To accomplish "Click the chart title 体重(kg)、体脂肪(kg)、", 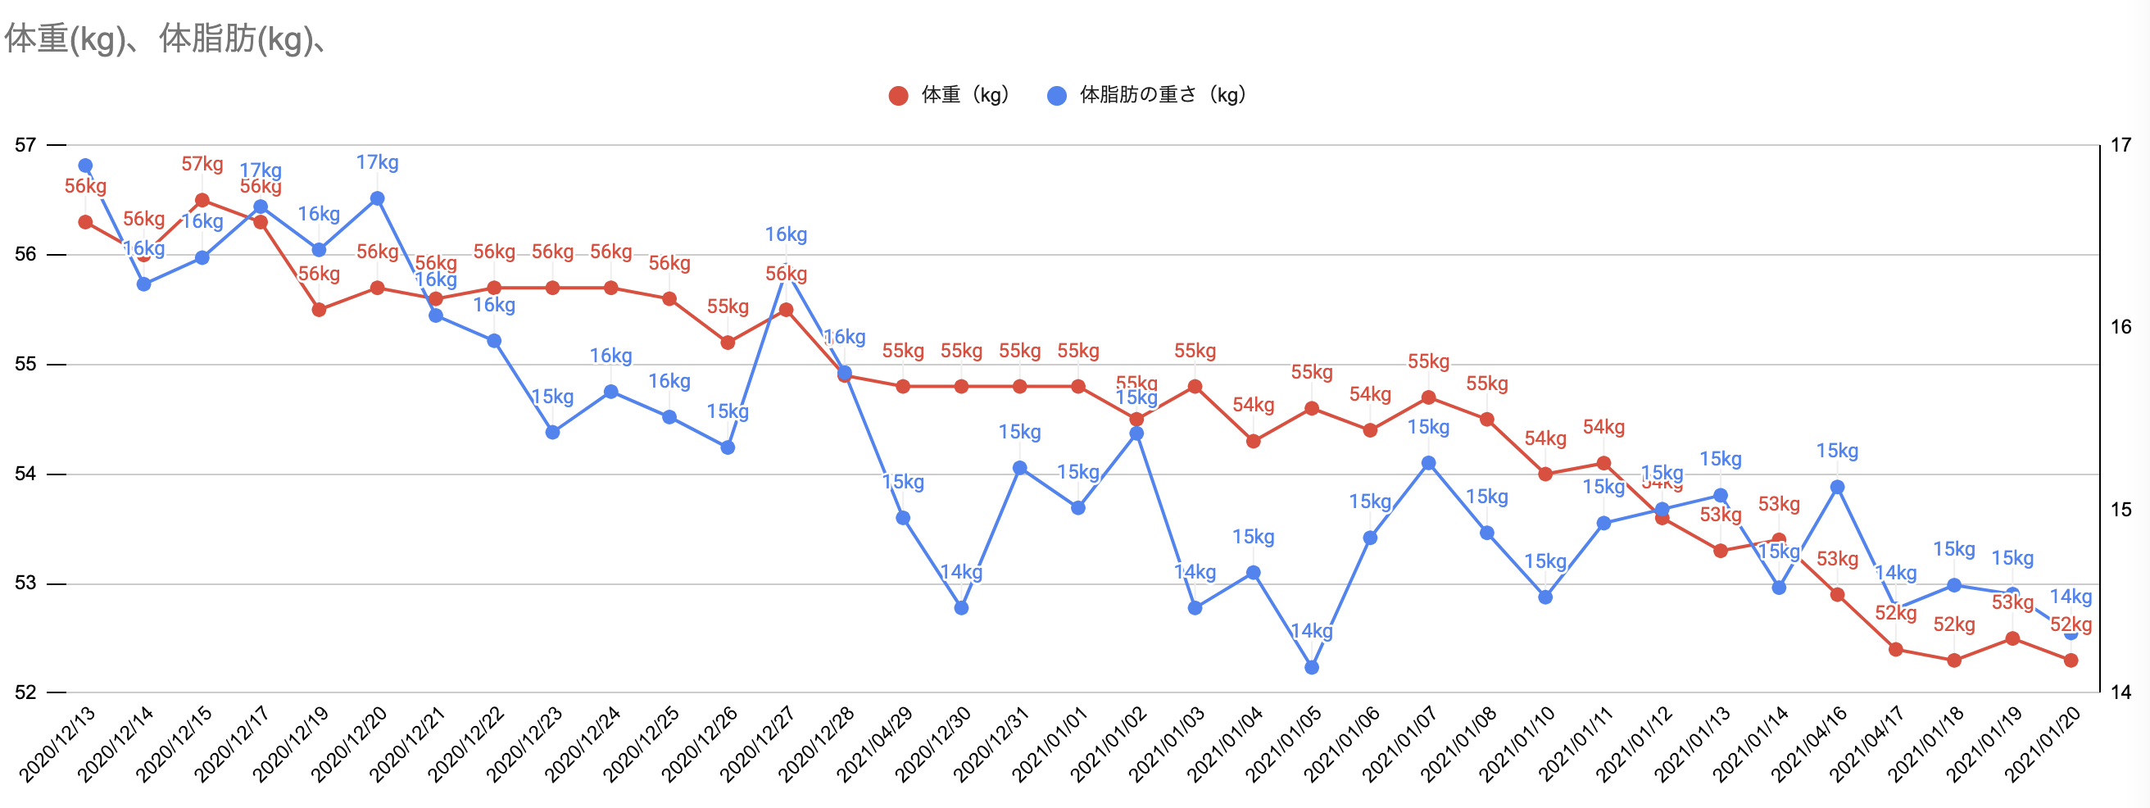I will pyautogui.click(x=166, y=39).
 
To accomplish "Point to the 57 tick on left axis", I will pyautogui.click(x=26, y=145).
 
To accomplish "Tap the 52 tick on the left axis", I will pyautogui.click(x=26, y=692).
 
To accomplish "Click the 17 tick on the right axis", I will pyautogui.click(x=2121, y=145).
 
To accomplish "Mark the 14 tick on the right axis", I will pyautogui.click(x=2121, y=692).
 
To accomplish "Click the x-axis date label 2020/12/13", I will pyautogui.click(x=57, y=745).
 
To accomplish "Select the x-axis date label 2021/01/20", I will pyautogui.click(x=2043, y=745).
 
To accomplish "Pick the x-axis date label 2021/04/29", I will pyautogui.click(x=876, y=745).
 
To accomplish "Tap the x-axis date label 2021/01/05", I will pyautogui.click(x=1284, y=745).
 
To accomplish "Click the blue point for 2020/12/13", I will pyautogui.click(x=85, y=166).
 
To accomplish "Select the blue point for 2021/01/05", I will pyautogui.click(x=1311, y=667).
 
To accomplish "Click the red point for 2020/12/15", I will pyautogui.click(x=202, y=200).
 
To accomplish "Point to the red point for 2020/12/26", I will pyautogui.click(x=728, y=343).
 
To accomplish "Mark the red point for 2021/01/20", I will pyautogui.click(x=2071, y=660).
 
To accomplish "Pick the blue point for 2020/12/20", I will pyautogui.click(x=377, y=198).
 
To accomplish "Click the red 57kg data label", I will pyautogui.click(x=202, y=165).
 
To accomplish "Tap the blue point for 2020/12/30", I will pyautogui.click(x=961, y=608).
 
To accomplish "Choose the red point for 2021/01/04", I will pyautogui.click(x=1253, y=441).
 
